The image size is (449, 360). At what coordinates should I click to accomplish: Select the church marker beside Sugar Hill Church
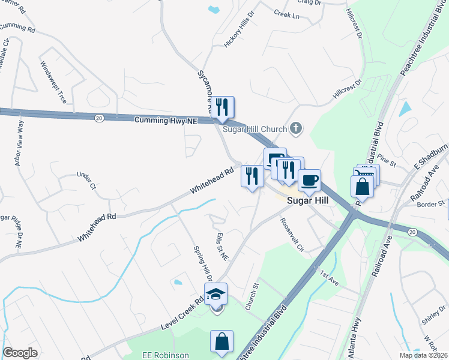click(295, 128)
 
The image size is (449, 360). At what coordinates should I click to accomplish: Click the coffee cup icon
click(309, 180)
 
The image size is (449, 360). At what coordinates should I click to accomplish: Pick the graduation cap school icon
click(216, 294)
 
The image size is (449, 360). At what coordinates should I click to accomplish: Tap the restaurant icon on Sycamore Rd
click(223, 107)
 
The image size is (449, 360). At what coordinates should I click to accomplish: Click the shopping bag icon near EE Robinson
click(221, 341)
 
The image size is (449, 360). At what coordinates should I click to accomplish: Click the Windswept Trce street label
click(53, 82)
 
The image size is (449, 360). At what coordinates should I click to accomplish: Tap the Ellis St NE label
click(221, 247)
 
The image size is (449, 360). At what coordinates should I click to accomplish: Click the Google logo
click(20, 353)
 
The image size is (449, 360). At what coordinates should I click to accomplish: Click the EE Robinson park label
click(165, 355)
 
